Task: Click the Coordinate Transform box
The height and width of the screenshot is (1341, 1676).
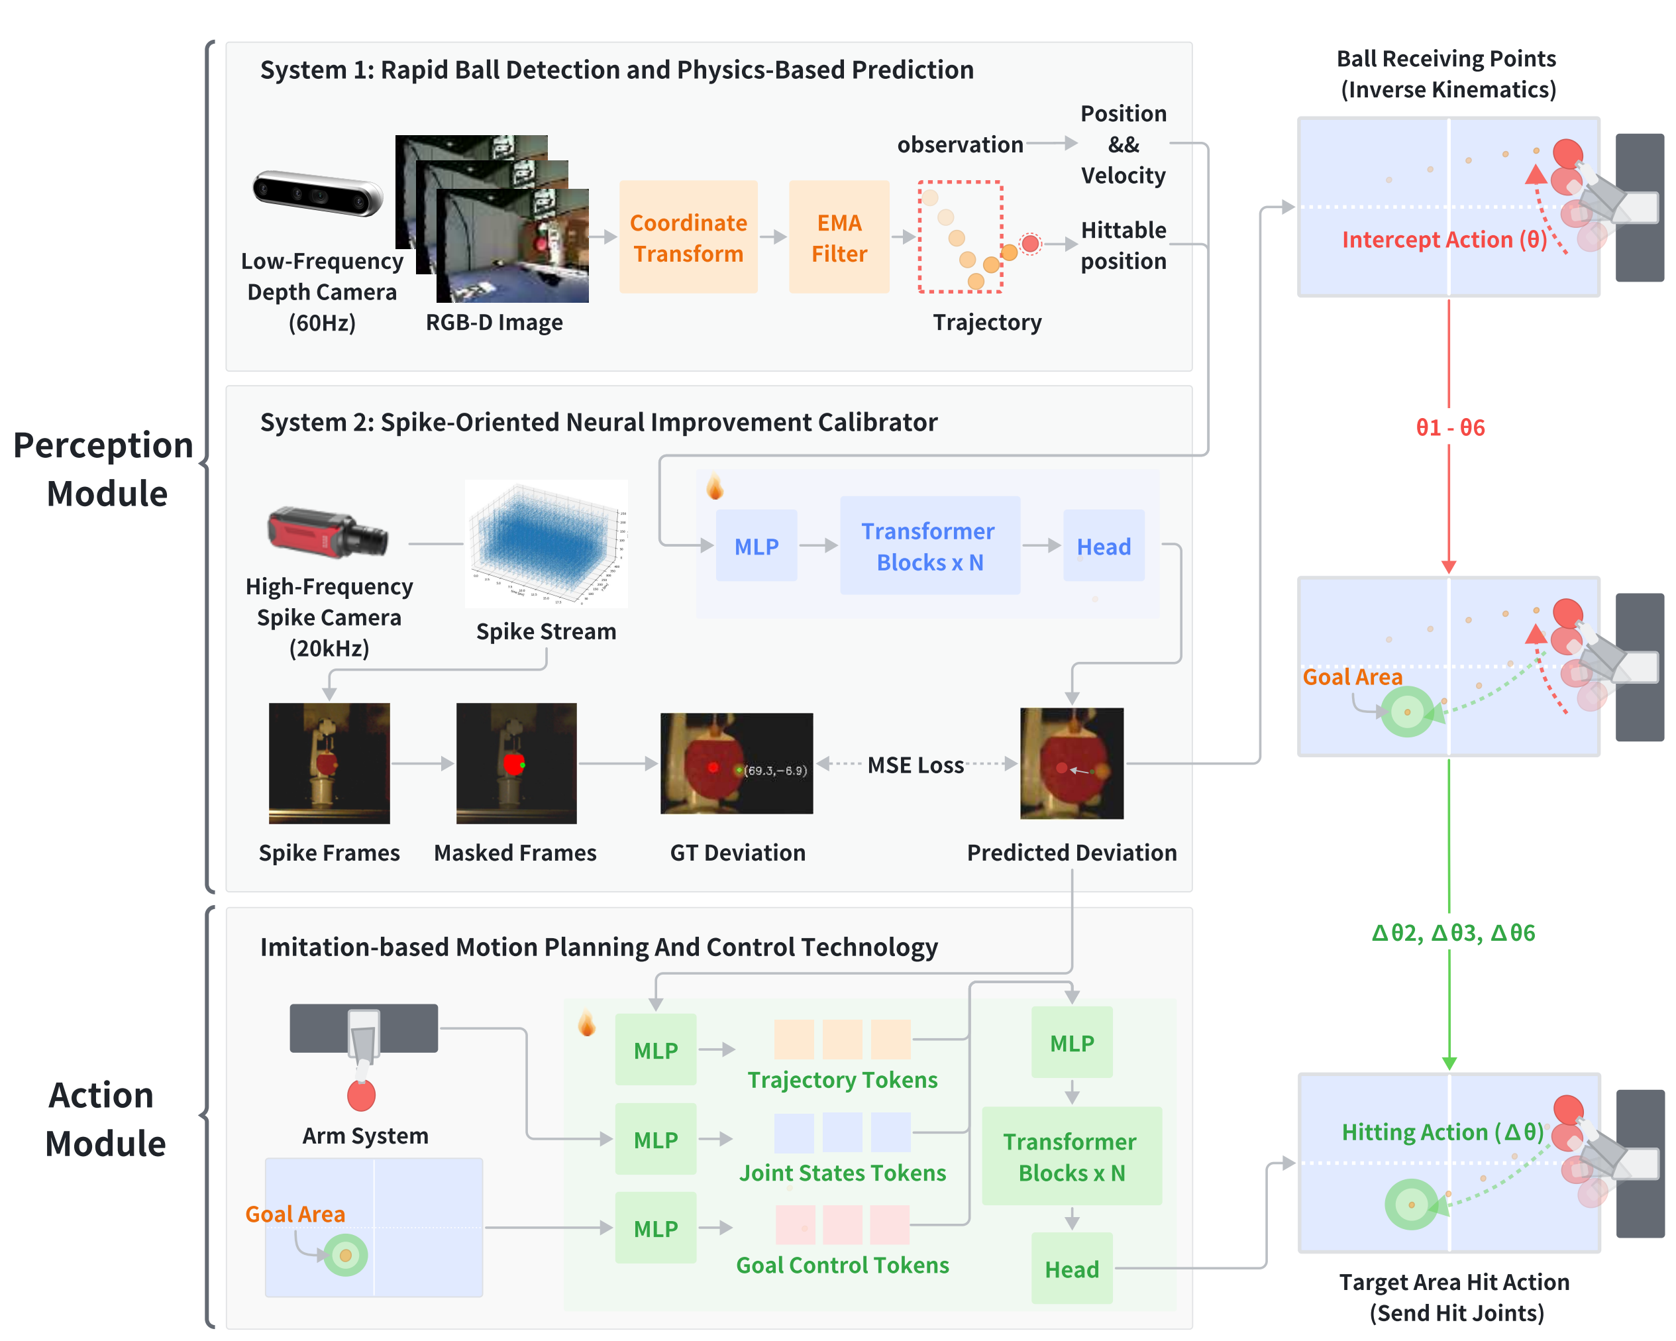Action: [688, 237]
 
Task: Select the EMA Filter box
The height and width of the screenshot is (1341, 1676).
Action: [839, 237]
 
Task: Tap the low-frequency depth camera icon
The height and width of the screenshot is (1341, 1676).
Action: [318, 193]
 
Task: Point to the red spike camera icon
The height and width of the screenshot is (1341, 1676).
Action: [327, 533]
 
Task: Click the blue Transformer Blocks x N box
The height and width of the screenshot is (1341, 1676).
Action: [929, 546]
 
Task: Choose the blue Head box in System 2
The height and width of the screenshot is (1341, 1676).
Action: [1103, 546]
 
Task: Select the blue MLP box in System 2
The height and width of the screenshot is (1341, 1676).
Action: [757, 546]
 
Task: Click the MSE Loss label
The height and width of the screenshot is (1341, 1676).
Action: [915, 765]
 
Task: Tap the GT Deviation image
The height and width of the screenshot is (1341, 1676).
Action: [736, 763]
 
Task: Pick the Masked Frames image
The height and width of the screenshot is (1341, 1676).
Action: [516, 763]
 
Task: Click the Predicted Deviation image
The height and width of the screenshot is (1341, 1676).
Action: [1071, 763]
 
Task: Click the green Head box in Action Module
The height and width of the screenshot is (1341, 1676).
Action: [1071, 1269]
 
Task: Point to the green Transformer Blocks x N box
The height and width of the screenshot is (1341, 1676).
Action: [1071, 1156]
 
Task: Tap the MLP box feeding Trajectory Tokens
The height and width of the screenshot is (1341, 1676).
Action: [655, 1049]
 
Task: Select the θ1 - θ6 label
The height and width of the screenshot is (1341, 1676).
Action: [1450, 427]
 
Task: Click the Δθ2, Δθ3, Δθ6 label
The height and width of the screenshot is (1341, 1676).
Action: [1453, 933]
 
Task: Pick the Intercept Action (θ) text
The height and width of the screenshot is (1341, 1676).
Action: [1443, 239]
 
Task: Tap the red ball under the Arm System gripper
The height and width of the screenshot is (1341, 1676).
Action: [362, 1095]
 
